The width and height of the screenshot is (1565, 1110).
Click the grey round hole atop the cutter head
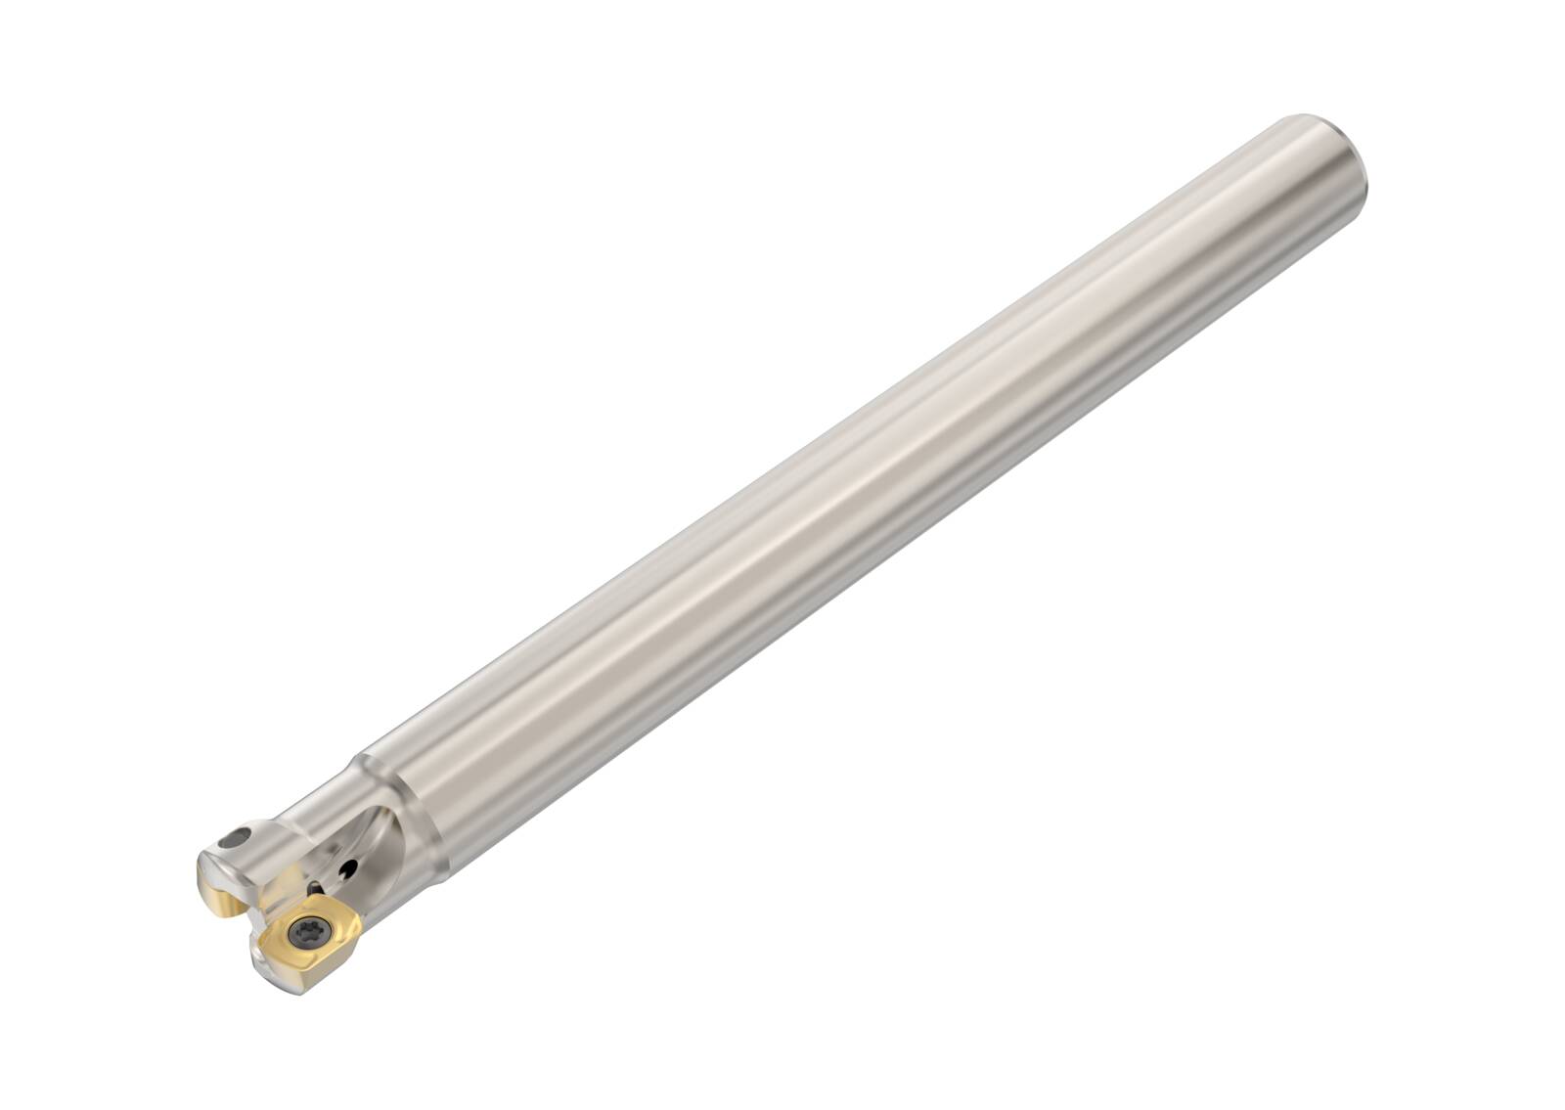(234, 839)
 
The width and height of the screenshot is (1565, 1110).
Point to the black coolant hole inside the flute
(347, 868)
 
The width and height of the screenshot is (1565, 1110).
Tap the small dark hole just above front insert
(314, 888)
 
